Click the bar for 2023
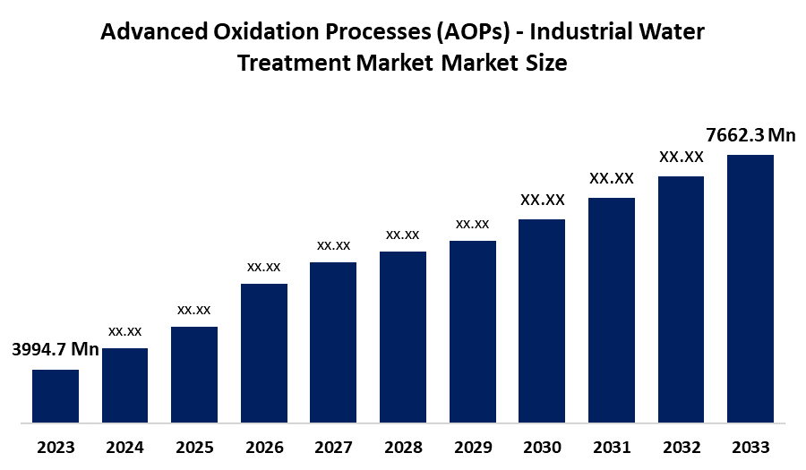(56, 395)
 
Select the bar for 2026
(264, 353)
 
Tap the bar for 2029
(473, 331)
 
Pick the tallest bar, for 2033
(750, 288)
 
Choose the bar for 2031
(612, 310)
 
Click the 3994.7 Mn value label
(55, 349)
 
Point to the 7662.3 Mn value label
(750, 135)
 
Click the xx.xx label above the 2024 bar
(124, 331)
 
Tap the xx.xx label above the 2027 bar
(333, 245)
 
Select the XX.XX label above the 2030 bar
(542, 200)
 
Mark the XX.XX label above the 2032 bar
(682, 157)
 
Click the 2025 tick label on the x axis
(194, 447)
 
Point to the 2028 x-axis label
(403, 447)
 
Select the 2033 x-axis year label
(750, 447)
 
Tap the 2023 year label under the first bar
(56, 447)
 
